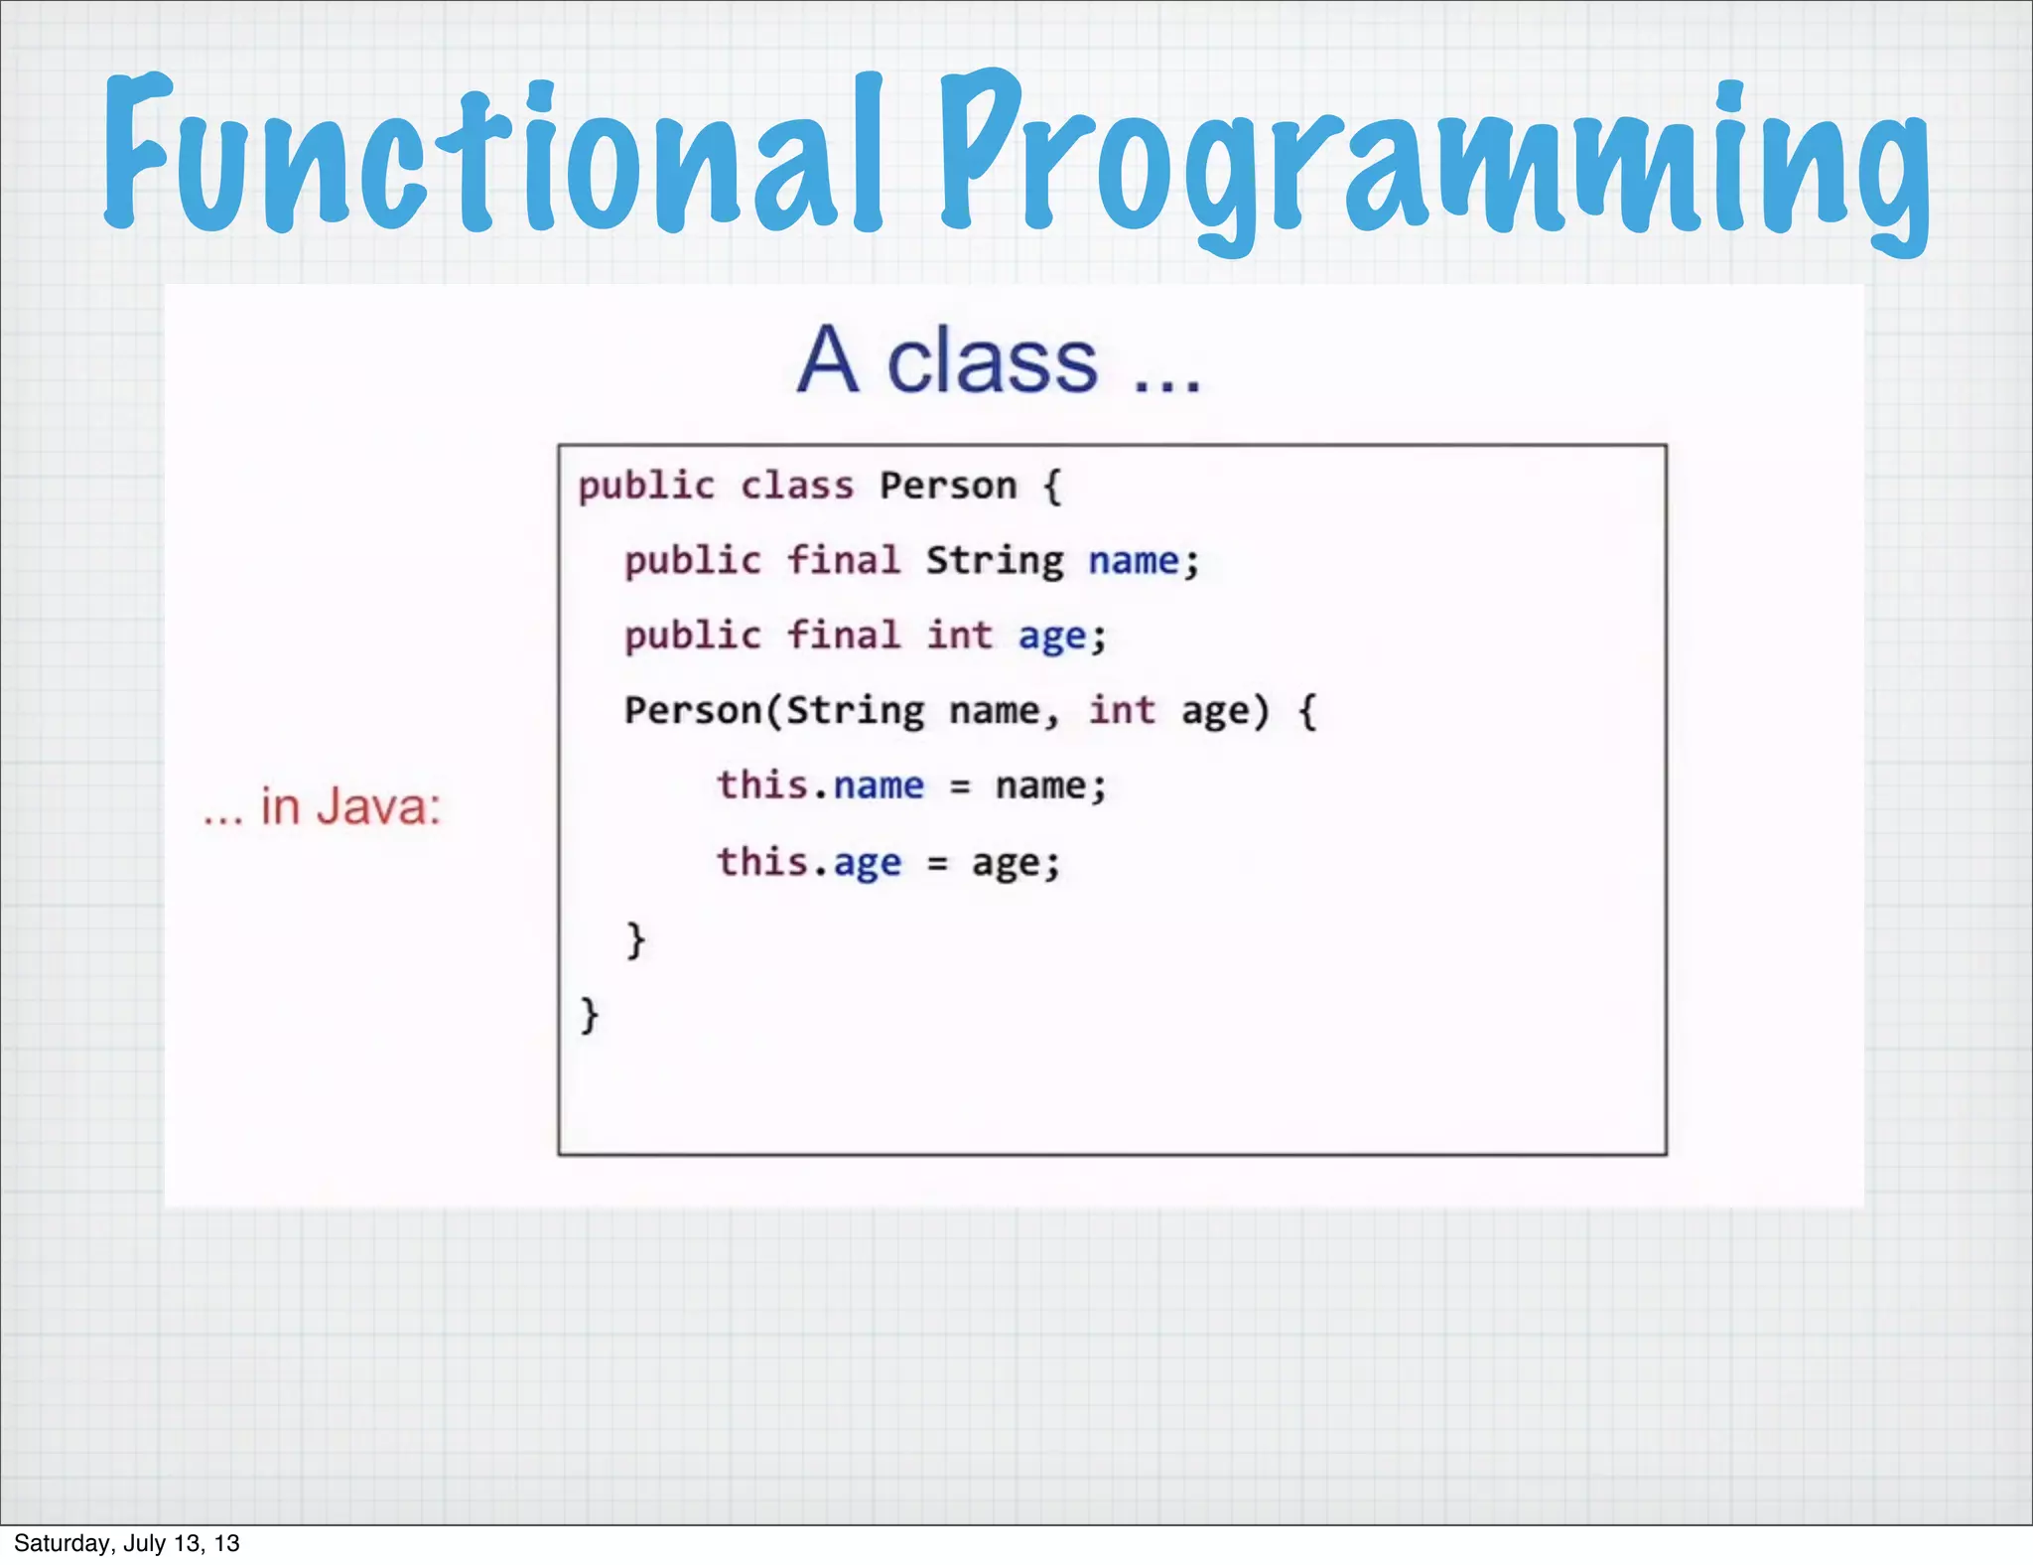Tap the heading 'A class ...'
point(999,359)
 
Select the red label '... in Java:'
point(322,806)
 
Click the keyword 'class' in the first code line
point(796,487)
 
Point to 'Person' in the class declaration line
point(948,487)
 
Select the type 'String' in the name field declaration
point(994,562)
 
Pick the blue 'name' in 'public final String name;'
point(1134,562)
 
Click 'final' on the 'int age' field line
point(843,636)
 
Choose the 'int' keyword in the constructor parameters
point(1122,711)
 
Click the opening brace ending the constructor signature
point(1307,712)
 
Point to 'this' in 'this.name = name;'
point(761,785)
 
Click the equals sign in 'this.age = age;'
point(937,863)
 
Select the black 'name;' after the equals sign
point(1050,786)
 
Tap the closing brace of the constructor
point(635,939)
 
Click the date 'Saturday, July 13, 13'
point(127,1543)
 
